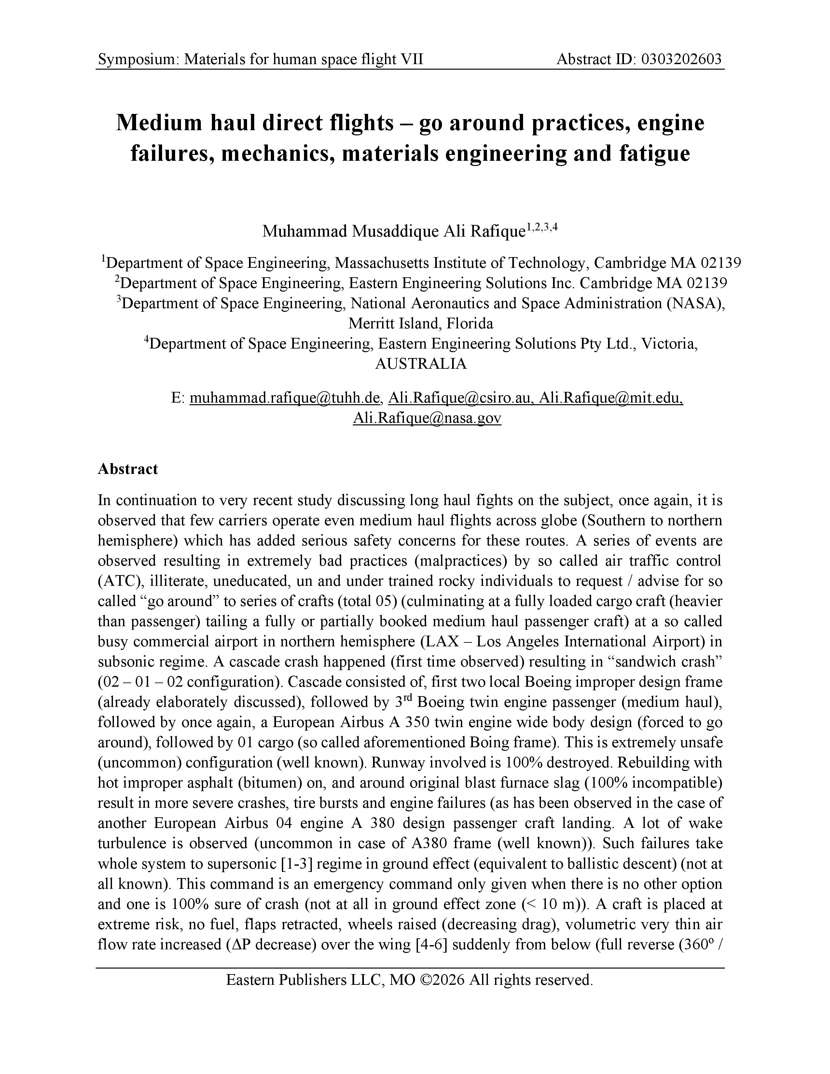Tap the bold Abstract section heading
[x=128, y=469]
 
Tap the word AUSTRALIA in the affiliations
[x=421, y=364]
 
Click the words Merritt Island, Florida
[x=421, y=323]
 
